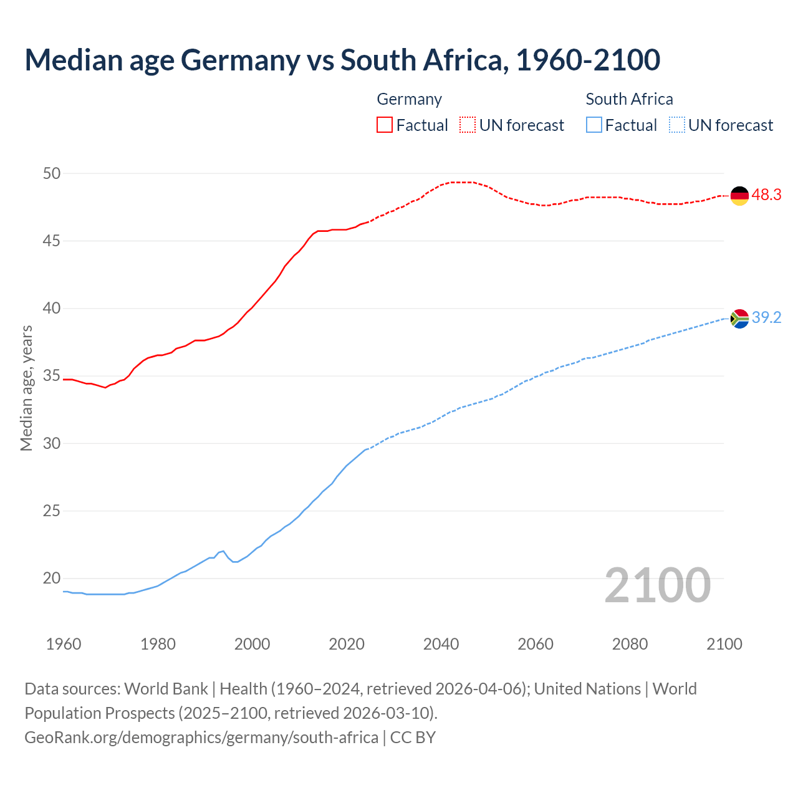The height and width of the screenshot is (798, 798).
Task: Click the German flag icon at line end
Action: pyautogui.click(x=739, y=196)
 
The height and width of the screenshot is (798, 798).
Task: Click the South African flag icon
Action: pyautogui.click(x=739, y=319)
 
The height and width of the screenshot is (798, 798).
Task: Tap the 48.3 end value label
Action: pyautogui.click(x=766, y=195)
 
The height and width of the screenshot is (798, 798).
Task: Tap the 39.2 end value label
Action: pyautogui.click(x=766, y=318)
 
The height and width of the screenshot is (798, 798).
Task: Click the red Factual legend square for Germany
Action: pyautogui.click(x=385, y=125)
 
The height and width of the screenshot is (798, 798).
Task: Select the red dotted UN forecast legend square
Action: pyautogui.click(x=468, y=125)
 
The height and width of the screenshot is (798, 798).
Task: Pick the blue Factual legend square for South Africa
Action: pyautogui.click(x=594, y=125)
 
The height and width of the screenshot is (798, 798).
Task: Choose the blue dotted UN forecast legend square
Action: pyautogui.click(x=677, y=125)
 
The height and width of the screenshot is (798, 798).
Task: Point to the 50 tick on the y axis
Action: pyautogui.click(x=52, y=173)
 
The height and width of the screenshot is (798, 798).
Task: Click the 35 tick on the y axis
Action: pyautogui.click(x=52, y=376)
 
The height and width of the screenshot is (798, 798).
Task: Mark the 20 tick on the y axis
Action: pyautogui.click(x=52, y=579)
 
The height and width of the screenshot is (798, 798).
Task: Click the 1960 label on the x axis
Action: pyautogui.click(x=64, y=644)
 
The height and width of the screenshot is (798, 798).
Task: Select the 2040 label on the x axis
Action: pyautogui.click(x=441, y=644)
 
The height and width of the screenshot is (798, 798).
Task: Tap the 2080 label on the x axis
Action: pyautogui.click(x=630, y=644)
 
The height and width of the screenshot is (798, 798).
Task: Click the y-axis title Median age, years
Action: pyautogui.click(x=26, y=388)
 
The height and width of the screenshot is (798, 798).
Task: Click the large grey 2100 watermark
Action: pyautogui.click(x=657, y=585)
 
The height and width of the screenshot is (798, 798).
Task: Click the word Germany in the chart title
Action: pyautogui.click(x=241, y=60)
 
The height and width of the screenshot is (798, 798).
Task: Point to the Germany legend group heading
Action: pyautogui.click(x=410, y=99)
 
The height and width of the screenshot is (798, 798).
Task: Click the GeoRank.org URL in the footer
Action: pyautogui.click(x=201, y=738)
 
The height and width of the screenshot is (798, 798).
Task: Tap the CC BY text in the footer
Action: pyautogui.click(x=413, y=738)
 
